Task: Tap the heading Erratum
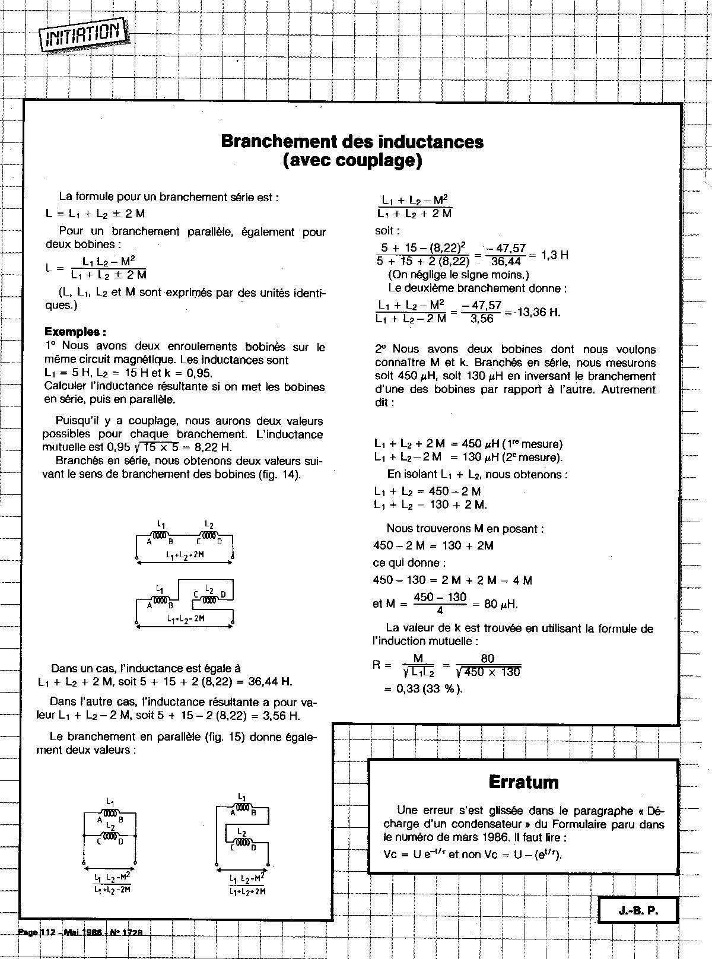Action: [523, 782]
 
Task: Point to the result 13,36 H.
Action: [539, 312]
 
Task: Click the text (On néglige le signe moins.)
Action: [458, 275]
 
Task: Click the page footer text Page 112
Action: [37, 932]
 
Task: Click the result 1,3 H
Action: [555, 255]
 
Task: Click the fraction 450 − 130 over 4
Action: [440, 604]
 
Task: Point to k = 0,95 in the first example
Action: [187, 373]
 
